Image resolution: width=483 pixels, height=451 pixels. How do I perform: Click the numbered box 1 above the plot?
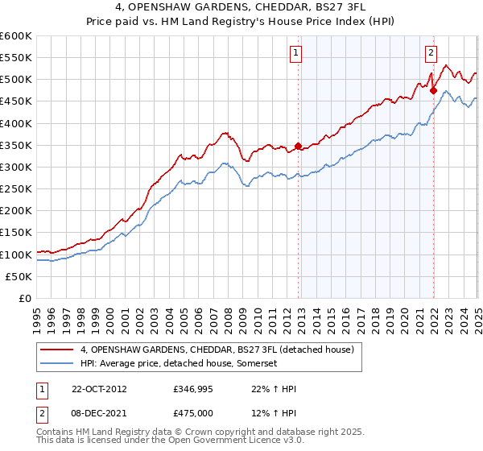(296, 53)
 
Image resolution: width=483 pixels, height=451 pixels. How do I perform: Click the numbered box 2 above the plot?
(431, 53)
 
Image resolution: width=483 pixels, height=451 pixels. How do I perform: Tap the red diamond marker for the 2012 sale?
(298, 147)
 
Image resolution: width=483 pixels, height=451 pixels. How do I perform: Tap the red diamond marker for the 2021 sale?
(433, 90)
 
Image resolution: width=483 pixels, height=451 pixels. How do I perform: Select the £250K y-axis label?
(15, 189)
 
